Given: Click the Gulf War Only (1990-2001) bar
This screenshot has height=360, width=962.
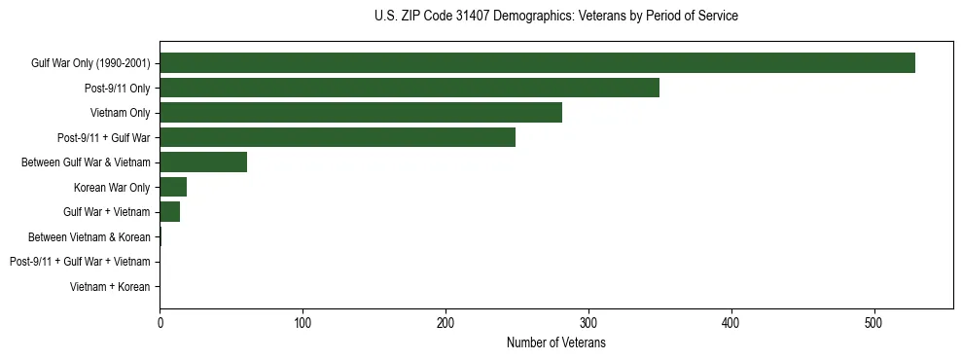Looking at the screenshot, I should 537,63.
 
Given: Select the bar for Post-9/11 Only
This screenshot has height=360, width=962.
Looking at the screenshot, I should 410,88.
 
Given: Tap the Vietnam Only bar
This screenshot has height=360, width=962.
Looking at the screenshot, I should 361,113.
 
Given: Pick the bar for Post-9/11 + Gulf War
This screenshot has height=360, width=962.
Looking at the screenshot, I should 338,137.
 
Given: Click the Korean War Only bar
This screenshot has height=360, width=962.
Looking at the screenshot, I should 173,187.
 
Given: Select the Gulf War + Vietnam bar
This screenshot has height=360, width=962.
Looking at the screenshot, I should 170,212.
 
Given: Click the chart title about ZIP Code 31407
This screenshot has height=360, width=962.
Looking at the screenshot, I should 556,17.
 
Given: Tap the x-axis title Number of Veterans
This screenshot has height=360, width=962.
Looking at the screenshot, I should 556,343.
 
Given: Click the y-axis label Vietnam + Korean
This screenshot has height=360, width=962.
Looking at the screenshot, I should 110,287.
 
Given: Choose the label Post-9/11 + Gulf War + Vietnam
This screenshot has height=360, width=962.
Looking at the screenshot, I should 80,262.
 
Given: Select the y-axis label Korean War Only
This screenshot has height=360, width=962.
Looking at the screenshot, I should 112,188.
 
